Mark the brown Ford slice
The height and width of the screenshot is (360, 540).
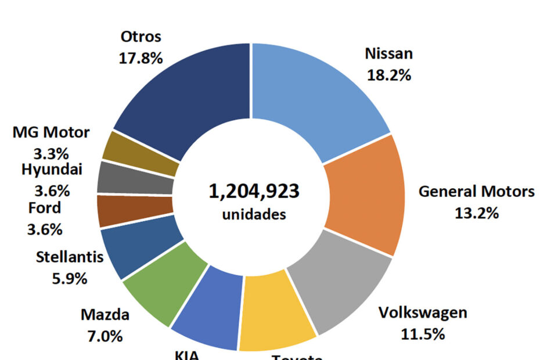[135, 211]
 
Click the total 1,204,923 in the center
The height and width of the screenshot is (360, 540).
[254, 191]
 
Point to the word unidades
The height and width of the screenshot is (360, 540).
[254, 214]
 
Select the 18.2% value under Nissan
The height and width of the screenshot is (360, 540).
[388, 75]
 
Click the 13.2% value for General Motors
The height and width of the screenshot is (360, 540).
[477, 213]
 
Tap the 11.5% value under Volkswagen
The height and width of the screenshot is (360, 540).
[423, 334]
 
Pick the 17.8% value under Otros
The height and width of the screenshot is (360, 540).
[141, 58]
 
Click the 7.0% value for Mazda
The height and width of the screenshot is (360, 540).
[105, 336]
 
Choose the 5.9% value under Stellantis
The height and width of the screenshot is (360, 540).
[70, 279]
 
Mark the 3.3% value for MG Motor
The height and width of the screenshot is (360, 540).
[51, 154]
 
